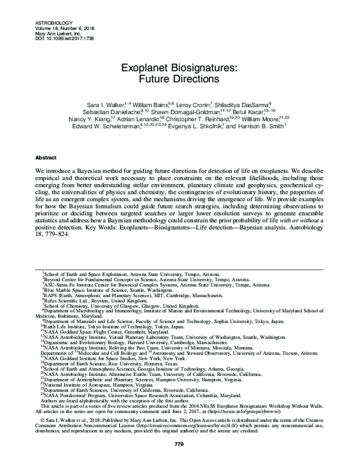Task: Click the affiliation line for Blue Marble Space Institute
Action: point(104,290)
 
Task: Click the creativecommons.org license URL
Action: point(195,426)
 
